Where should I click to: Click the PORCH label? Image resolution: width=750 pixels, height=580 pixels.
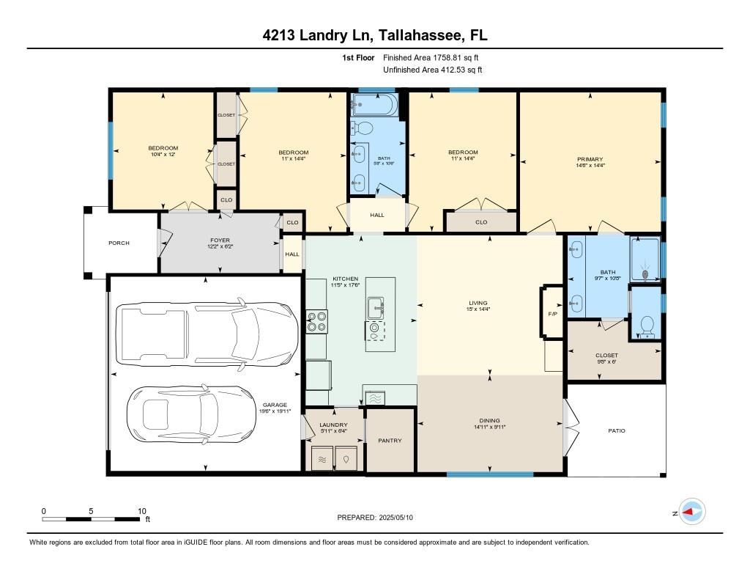[x=119, y=243]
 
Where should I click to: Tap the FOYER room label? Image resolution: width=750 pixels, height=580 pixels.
[x=220, y=240]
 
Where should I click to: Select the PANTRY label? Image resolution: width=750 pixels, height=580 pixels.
[x=390, y=440]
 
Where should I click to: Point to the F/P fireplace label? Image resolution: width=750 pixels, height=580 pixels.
[x=552, y=314]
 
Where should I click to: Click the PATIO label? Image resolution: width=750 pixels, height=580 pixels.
[x=617, y=430]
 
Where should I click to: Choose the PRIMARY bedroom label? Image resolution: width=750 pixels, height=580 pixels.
[x=590, y=159]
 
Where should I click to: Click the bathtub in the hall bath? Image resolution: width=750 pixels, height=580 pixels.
[x=374, y=104]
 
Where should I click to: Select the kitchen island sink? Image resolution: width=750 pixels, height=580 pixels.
[x=376, y=307]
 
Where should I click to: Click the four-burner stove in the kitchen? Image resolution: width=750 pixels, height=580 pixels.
[x=316, y=321]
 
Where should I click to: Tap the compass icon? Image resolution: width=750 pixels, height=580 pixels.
[x=692, y=512]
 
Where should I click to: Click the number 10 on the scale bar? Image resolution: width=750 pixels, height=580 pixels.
[x=142, y=511]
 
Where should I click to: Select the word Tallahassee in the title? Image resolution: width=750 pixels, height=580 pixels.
[x=421, y=35]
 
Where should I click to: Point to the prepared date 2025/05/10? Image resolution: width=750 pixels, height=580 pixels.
[x=396, y=517]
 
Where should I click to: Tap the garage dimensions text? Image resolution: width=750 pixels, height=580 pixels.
[x=275, y=411]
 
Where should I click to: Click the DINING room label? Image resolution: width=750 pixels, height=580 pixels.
[x=489, y=420]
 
